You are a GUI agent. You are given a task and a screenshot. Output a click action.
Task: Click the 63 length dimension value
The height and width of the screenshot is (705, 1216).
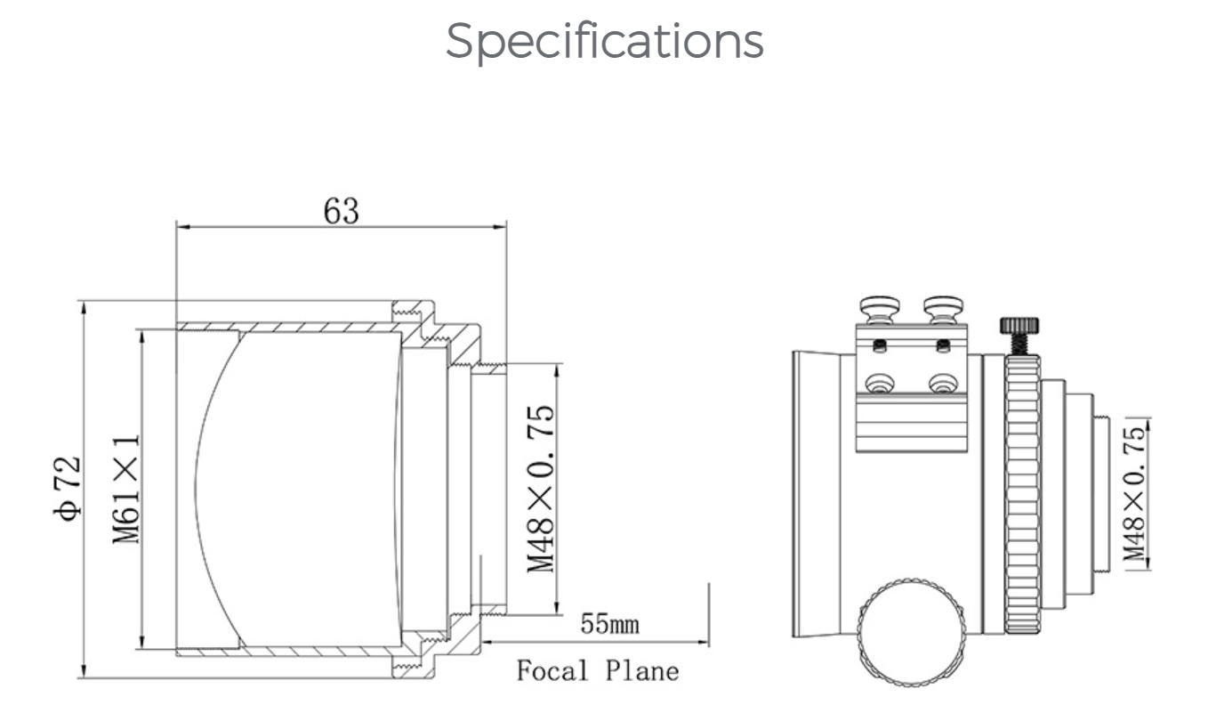pyautogui.click(x=342, y=211)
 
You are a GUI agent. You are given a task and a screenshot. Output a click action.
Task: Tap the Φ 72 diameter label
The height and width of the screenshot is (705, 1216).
pyautogui.click(x=68, y=489)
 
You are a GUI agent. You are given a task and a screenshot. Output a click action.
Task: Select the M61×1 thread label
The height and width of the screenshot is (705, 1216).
pyautogui.click(x=126, y=489)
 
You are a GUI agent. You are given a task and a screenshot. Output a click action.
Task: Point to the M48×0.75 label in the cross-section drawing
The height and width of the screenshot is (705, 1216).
pyautogui.click(x=541, y=489)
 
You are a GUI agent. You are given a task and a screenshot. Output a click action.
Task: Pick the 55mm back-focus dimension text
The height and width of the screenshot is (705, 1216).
pyautogui.click(x=609, y=624)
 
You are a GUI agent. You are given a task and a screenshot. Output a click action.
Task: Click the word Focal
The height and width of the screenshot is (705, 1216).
pyautogui.click(x=552, y=670)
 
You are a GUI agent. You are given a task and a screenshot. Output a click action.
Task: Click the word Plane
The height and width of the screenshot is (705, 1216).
pyautogui.click(x=642, y=670)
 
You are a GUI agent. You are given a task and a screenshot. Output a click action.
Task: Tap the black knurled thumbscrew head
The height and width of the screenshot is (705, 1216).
pyautogui.click(x=1019, y=325)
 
